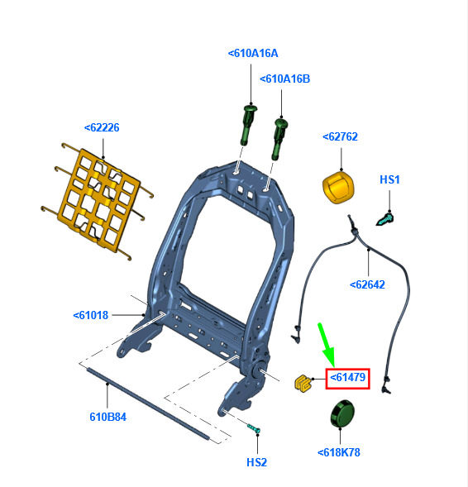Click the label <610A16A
(253, 54)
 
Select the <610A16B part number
(284, 79)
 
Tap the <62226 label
(102, 127)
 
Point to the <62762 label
(340, 136)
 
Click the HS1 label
(389, 179)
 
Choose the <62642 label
(367, 284)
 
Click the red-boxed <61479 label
(348, 378)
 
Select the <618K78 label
(339, 452)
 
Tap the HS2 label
(257, 462)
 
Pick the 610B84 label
(108, 417)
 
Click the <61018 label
(91, 315)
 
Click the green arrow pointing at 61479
(326, 345)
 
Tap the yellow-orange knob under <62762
(338, 189)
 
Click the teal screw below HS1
(385, 219)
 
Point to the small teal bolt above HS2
(254, 428)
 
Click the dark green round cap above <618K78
(342, 414)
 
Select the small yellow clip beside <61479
(303, 383)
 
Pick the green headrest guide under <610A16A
(249, 125)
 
